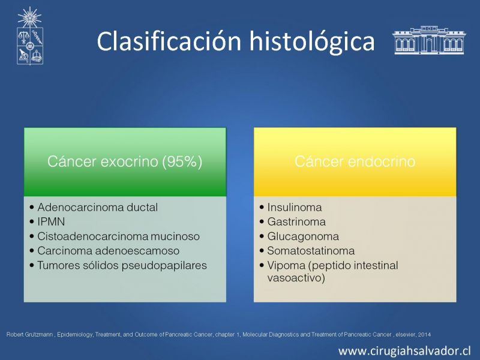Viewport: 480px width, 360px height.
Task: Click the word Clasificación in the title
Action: tap(169, 41)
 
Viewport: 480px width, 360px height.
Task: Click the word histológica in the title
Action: tap(312, 42)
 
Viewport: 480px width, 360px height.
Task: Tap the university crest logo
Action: tap(29, 36)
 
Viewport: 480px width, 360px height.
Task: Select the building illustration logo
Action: tap(428, 40)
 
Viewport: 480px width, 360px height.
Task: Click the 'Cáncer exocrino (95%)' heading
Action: tap(125, 161)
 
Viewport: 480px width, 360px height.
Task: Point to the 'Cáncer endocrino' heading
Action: tap(355, 161)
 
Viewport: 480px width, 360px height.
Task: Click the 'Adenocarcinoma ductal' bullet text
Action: tap(98, 207)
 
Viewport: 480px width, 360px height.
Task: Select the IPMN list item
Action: tap(51, 221)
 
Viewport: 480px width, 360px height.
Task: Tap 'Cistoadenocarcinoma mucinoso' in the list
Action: tap(118, 236)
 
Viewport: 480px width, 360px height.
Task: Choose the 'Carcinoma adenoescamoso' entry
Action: tap(109, 251)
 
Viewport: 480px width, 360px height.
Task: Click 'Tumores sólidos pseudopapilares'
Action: tap(122, 265)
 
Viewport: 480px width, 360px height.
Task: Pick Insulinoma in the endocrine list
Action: tap(295, 207)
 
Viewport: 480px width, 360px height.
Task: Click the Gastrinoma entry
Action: tap(296, 221)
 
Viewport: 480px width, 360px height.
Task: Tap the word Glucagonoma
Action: tap(303, 236)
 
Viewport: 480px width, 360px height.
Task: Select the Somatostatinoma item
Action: tap(311, 251)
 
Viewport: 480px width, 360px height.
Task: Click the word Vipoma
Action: tap(286, 265)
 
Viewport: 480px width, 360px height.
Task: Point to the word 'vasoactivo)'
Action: tap(296, 278)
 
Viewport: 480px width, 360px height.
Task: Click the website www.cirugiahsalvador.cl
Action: tap(404, 350)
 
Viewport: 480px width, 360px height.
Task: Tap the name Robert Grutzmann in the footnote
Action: tap(29, 335)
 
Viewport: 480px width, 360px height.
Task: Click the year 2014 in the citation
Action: tap(424, 335)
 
